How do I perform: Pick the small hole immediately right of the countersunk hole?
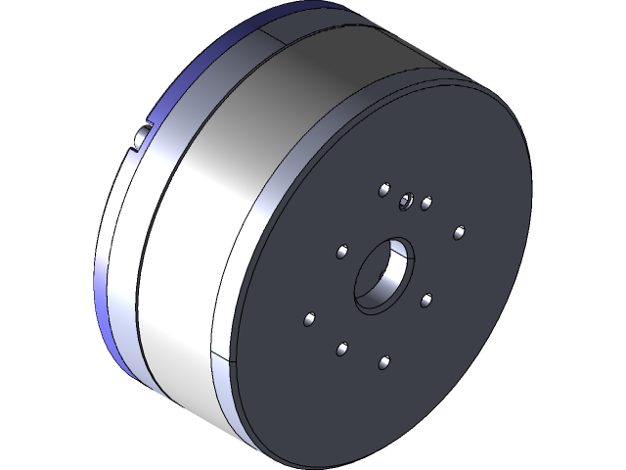click(426, 204)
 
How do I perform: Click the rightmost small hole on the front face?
click(459, 232)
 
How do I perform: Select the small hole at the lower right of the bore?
click(425, 299)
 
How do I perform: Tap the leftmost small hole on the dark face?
click(309, 319)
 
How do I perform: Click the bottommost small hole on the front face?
click(383, 363)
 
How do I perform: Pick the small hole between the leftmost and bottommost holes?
click(341, 348)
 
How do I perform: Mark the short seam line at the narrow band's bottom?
click(223, 360)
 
